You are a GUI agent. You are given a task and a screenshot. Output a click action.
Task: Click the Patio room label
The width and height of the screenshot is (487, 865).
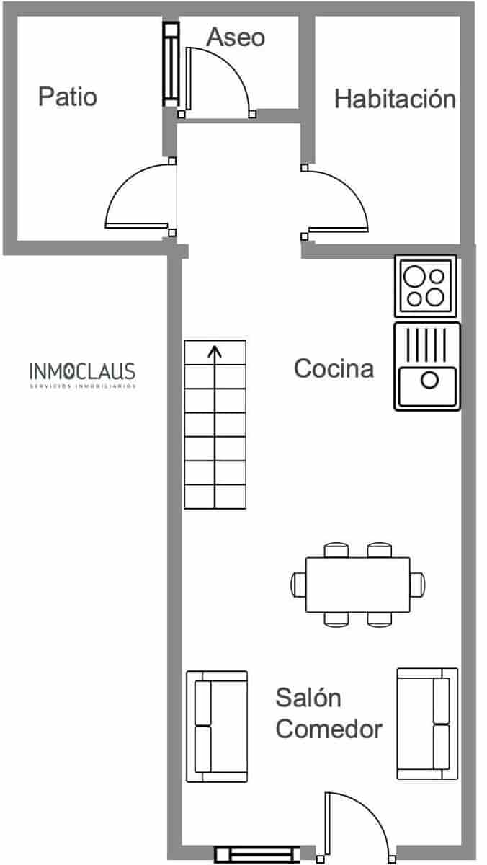coord(67,97)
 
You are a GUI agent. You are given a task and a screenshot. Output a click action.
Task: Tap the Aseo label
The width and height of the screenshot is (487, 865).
coord(236,37)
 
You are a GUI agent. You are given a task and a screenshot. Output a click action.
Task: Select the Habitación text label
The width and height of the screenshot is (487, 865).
coord(395,99)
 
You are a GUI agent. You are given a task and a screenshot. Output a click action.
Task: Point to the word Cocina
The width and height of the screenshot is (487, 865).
coord(334,368)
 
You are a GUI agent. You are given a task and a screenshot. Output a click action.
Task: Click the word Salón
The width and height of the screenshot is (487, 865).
coord(308,698)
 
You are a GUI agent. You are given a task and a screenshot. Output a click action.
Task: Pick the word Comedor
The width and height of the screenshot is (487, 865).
coord(329,729)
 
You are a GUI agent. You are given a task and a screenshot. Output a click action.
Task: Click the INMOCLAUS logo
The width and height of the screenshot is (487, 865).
coord(82,373)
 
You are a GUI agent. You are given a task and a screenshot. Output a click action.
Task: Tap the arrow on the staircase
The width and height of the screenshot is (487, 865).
coord(215,353)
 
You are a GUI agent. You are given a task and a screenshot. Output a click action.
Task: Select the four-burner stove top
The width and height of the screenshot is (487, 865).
coord(425,285)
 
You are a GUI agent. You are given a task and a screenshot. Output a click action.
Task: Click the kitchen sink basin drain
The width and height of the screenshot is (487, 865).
coord(429,380)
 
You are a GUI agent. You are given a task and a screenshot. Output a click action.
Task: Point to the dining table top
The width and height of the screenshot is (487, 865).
coord(357,584)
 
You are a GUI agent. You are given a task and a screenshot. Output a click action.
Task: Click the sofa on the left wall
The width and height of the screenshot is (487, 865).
coord(216,727)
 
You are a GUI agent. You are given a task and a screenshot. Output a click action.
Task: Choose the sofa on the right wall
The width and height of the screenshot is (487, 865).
coord(427,723)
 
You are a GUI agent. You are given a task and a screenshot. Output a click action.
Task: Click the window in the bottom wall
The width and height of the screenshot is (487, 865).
coord(257,854)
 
